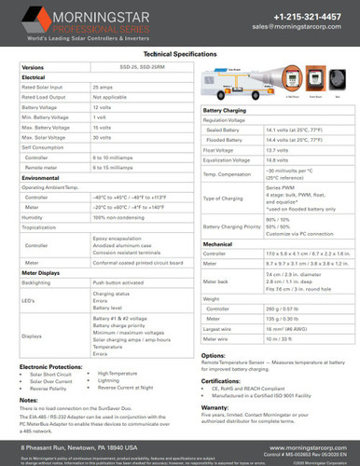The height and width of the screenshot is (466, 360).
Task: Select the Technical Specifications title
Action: tap(180, 55)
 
